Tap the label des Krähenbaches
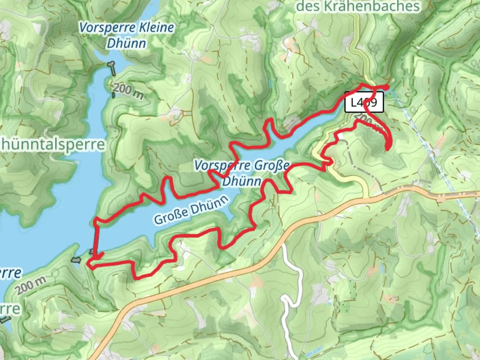358,6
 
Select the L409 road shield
364,102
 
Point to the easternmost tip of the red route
388,87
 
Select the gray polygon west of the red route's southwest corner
76,259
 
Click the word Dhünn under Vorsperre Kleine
126,43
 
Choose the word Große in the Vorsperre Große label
271,165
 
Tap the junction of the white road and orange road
283,243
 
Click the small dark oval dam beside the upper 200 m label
113,95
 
